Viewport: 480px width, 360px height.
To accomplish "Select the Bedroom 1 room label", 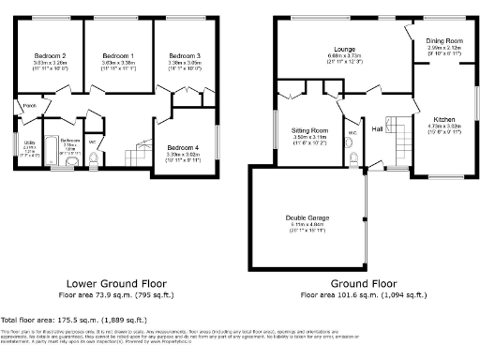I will tap(118, 55).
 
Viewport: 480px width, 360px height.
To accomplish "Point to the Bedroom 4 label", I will tap(184, 148).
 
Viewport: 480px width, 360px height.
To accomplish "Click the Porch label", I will tap(30, 105).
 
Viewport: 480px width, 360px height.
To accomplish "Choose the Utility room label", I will tap(29, 142).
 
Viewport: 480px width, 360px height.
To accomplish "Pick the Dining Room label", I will tap(443, 41).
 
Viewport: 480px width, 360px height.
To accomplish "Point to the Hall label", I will tap(377, 128).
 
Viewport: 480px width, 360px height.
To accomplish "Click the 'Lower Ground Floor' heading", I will tap(116, 281).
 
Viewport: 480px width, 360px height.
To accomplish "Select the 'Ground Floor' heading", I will tap(363, 281).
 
